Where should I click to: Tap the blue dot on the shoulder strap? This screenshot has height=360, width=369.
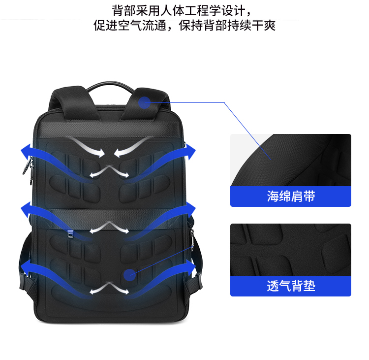(144, 102)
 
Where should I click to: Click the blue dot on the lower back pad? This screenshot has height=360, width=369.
(129, 274)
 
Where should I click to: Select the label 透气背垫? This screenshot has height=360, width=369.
(290, 286)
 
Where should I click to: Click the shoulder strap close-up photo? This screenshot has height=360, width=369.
(290, 160)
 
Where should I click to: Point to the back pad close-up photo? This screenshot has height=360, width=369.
(290, 249)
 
